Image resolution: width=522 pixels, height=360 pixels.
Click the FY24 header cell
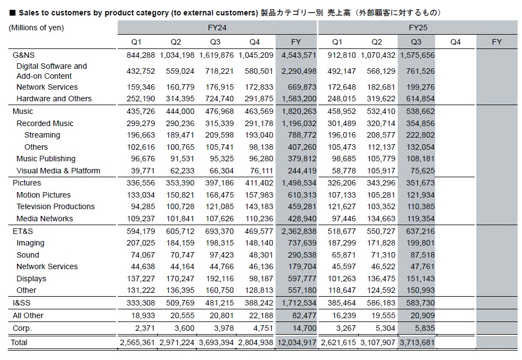pyautogui.click(x=217, y=27)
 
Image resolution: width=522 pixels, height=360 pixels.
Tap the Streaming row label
pyautogui.click(x=42, y=135)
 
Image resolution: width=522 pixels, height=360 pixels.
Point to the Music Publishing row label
pyautogui.click(x=46, y=159)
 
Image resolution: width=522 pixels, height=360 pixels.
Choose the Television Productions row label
pyautogui.click(x=56, y=206)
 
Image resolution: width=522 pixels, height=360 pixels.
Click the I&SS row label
pyautogui.click(x=23, y=303)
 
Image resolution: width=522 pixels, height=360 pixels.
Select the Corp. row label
pyautogui.click(x=23, y=328)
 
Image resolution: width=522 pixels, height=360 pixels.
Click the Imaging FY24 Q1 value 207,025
pyautogui.click(x=138, y=243)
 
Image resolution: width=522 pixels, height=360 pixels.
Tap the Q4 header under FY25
pyautogui.click(x=455, y=42)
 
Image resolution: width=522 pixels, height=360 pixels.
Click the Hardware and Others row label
pyautogui.click(x=54, y=99)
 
